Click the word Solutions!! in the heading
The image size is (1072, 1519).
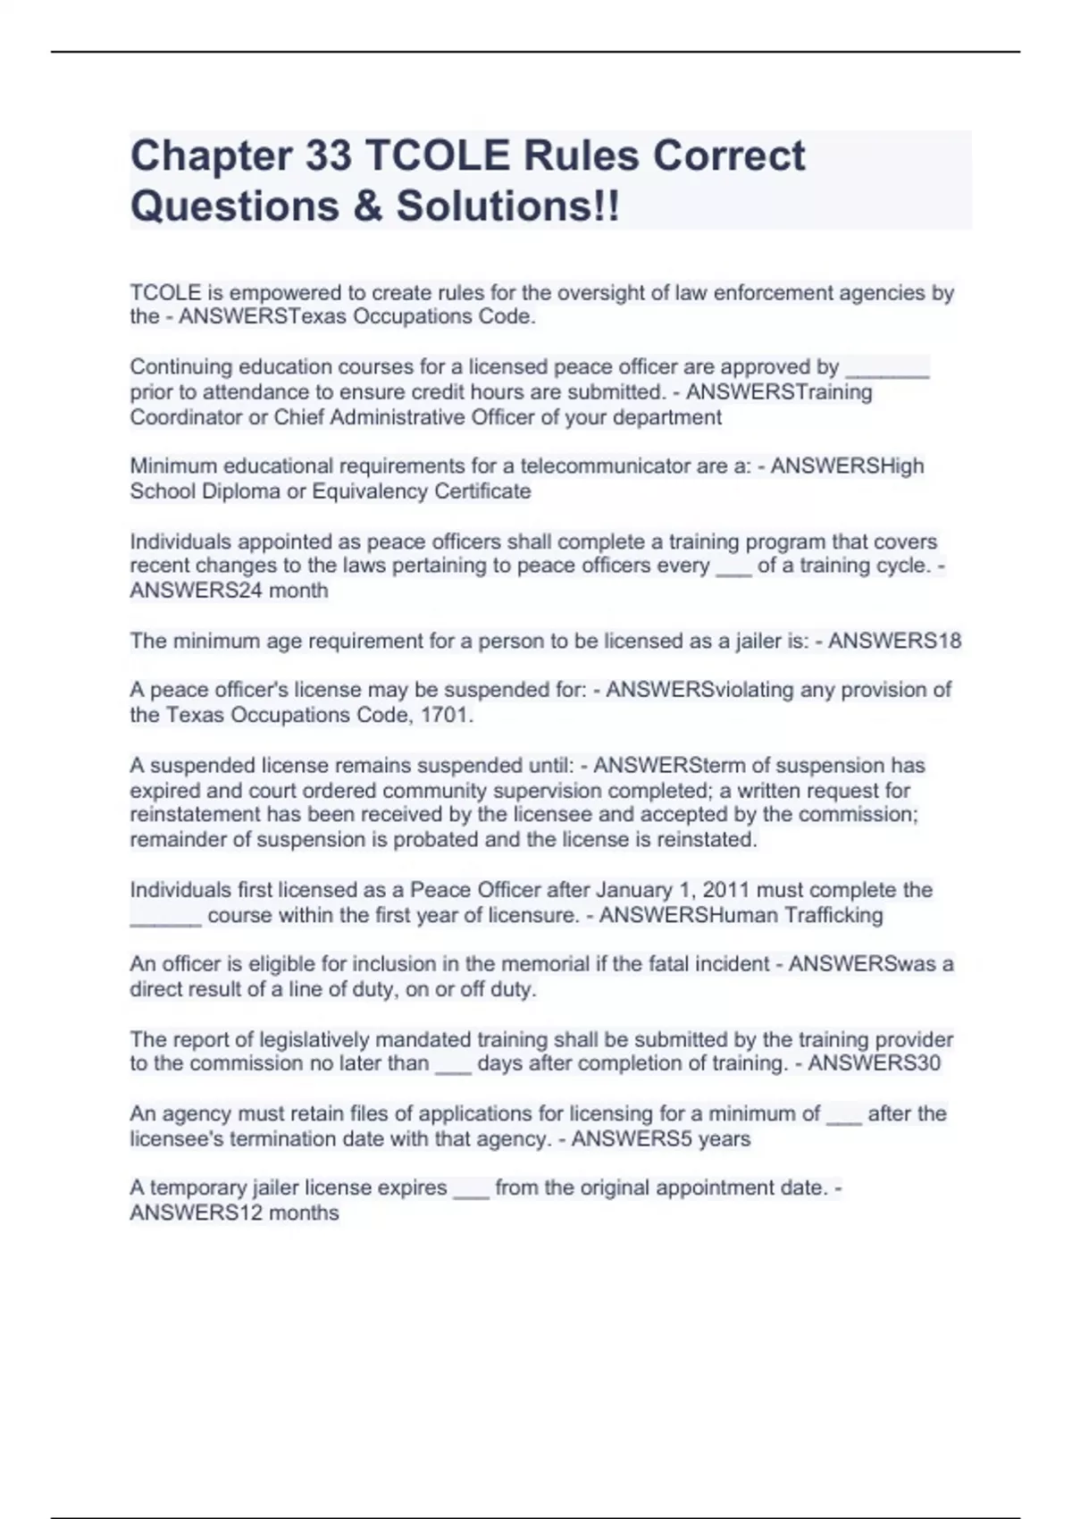pos(507,206)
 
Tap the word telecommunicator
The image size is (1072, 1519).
pos(622,466)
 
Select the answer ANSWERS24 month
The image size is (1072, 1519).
pos(229,591)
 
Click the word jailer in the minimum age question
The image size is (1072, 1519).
pos(770,642)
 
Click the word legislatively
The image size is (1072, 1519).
pos(314,1040)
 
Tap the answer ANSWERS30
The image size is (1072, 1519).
pos(874,1063)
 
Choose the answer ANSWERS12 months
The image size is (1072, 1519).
pos(234,1213)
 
